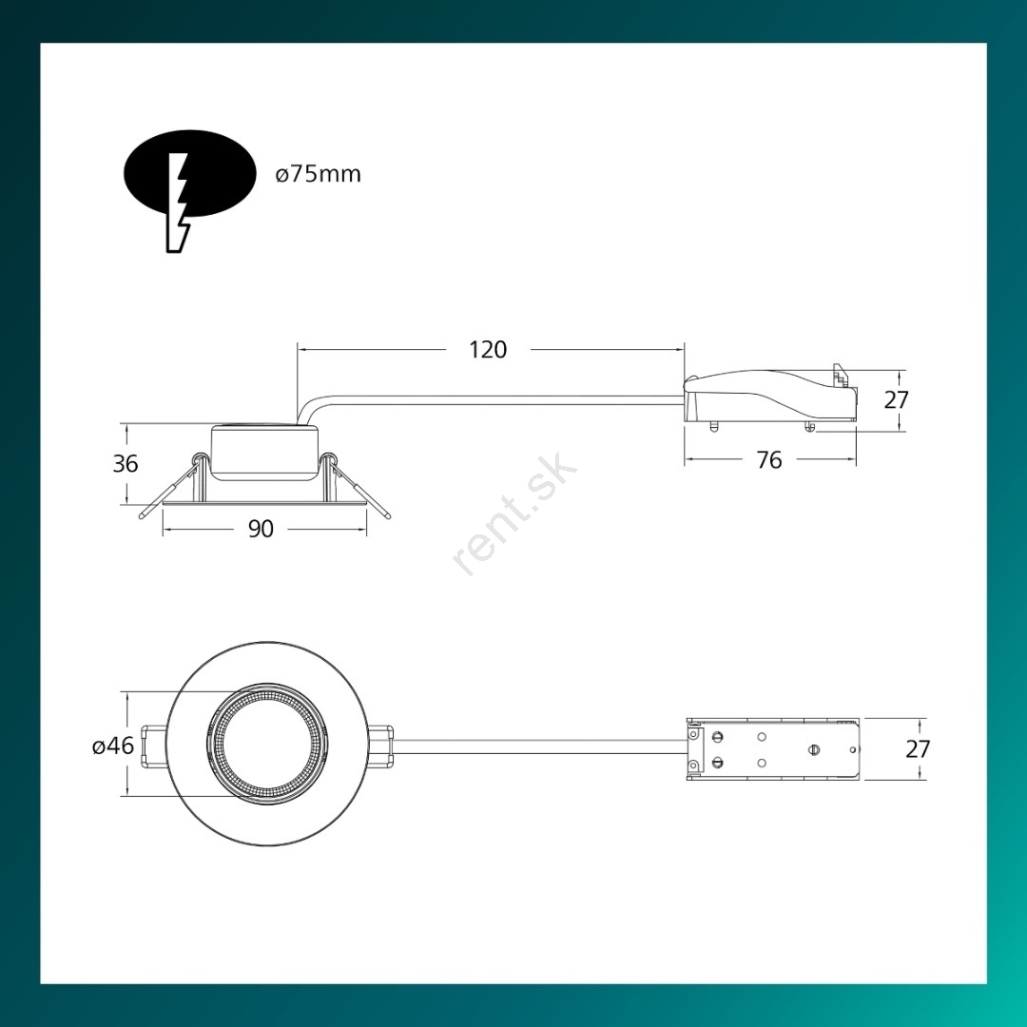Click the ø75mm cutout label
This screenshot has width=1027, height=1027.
coord(319,174)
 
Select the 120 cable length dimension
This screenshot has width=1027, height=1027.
coord(488,350)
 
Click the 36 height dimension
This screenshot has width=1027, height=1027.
coord(126,464)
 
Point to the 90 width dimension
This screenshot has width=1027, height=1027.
coord(261,529)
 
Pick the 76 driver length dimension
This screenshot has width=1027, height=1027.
coord(769,460)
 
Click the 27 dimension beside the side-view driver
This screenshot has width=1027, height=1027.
coord(896,399)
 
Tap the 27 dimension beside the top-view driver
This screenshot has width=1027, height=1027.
coord(917,748)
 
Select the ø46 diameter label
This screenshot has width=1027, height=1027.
coord(113,746)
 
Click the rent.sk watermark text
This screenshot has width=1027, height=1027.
coord(514,514)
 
